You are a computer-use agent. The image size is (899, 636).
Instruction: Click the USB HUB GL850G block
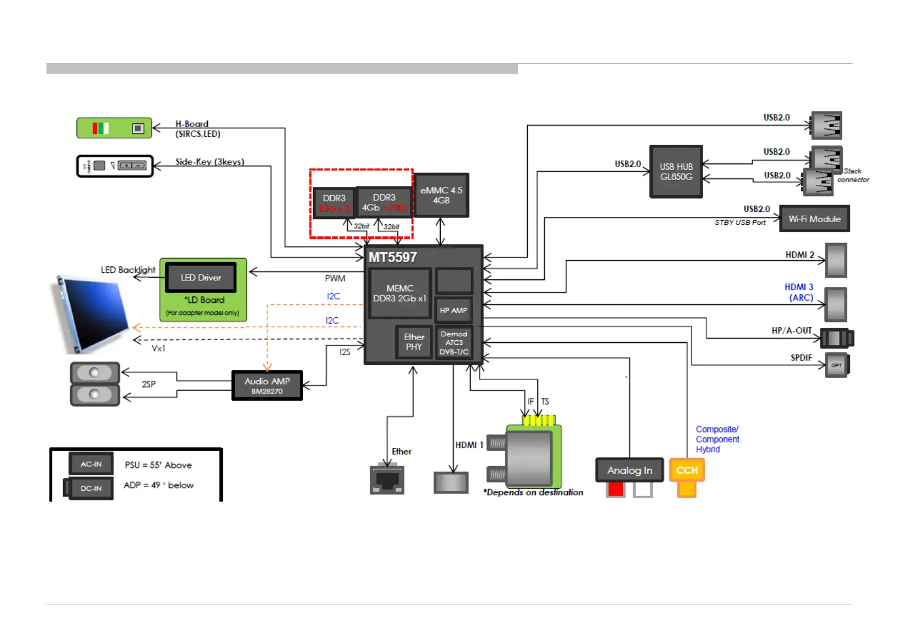tap(676, 171)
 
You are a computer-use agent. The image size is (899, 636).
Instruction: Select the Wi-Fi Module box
tap(814, 219)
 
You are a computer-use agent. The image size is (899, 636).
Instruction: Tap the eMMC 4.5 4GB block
tap(441, 195)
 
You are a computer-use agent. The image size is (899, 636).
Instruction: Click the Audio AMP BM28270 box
tap(267, 386)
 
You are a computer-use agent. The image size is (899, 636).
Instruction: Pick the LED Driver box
tap(201, 278)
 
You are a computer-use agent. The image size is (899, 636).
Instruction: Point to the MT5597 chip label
tap(393, 257)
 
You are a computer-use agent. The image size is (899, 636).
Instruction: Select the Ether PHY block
tap(414, 342)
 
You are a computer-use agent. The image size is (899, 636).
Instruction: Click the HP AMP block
tap(454, 310)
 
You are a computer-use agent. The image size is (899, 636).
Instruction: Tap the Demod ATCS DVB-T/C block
tap(454, 343)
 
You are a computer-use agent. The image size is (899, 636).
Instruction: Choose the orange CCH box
tap(687, 470)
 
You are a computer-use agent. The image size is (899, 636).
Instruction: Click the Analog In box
tap(630, 470)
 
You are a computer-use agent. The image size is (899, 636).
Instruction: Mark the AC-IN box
tap(91, 464)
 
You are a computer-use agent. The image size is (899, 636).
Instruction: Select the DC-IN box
tap(91, 488)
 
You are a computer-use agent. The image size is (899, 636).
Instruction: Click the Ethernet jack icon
tap(387, 480)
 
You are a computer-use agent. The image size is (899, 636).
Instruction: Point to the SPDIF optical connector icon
tap(837, 365)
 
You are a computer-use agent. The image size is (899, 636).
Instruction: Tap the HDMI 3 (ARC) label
tap(799, 292)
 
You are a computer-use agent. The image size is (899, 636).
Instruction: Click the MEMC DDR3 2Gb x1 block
tap(400, 293)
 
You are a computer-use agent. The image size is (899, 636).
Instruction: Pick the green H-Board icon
tap(114, 128)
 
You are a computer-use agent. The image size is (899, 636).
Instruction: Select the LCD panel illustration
tap(92, 314)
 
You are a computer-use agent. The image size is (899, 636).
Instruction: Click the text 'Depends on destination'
tap(534, 492)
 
